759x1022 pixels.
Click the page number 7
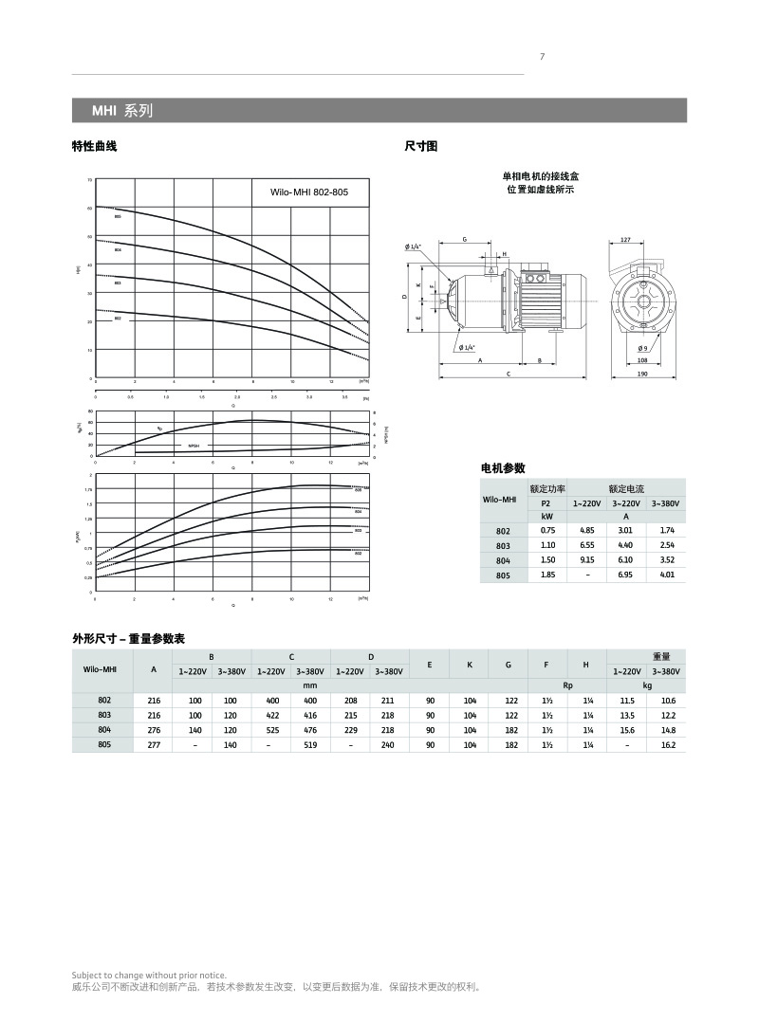pyautogui.click(x=542, y=56)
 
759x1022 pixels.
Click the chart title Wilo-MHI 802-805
pyautogui.click(x=309, y=192)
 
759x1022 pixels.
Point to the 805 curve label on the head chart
pyautogui.click(x=118, y=217)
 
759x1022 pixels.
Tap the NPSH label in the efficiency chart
pyautogui.click(x=194, y=445)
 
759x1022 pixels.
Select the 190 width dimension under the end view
pyautogui.click(x=642, y=374)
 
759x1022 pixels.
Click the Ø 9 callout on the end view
pyautogui.click(x=643, y=348)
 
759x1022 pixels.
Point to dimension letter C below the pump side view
pyautogui.click(x=509, y=374)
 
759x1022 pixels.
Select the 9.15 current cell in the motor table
pyautogui.click(x=586, y=560)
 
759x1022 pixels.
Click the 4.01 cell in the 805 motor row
pyautogui.click(x=666, y=575)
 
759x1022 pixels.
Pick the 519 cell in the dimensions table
pyautogui.click(x=310, y=746)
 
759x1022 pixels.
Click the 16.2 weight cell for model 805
pyautogui.click(x=667, y=746)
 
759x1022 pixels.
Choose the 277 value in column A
pyautogui.click(x=154, y=746)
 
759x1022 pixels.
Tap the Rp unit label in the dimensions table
pyautogui.click(x=567, y=684)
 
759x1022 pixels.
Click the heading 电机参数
pyautogui.click(x=504, y=468)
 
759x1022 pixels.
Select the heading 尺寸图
pyautogui.click(x=420, y=146)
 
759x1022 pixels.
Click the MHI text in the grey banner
pyautogui.click(x=103, y=111)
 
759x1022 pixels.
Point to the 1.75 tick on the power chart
pyautogui.click(x=88, y=490)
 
